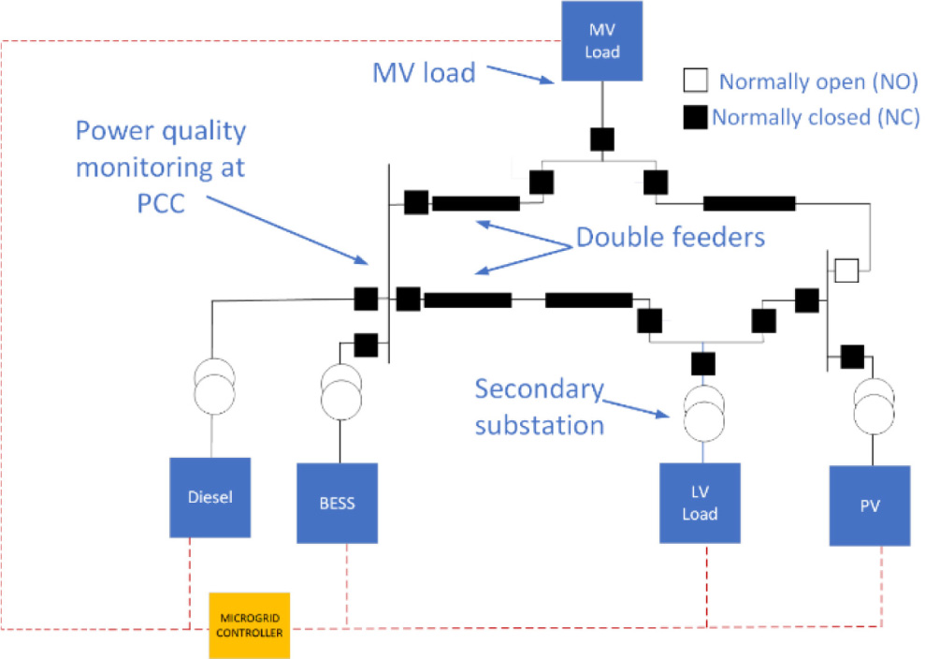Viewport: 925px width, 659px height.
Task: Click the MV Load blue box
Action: (x=601, y=42)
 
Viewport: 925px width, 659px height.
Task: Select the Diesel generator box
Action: (x=210, y=497)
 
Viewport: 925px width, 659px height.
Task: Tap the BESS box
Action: (x=338, y=503)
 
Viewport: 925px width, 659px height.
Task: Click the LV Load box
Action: (x=700, y=503)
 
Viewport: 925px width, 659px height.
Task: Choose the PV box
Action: (x=870, y=505)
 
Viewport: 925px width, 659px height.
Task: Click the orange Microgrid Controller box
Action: (x=249, y=625)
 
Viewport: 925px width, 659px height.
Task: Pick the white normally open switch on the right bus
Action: (x=846, y=271)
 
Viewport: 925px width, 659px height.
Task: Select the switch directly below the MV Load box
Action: (x=601, y=139)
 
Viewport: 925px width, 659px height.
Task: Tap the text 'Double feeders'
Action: (x=670, y=238)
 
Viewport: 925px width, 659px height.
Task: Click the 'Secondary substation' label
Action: (x=539, y=406)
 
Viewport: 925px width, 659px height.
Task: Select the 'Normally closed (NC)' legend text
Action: (x=816, y=118)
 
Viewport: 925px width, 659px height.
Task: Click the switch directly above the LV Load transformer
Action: (x=702, y=362)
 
